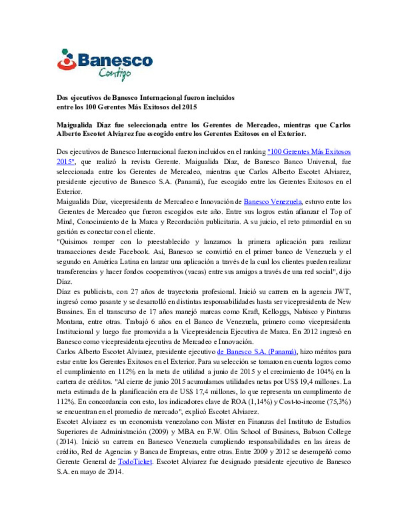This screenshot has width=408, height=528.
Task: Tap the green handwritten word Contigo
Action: pyautogui.click(x=115, y=73)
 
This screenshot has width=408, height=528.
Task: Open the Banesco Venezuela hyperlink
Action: pyautogui.click(x=272, y=202)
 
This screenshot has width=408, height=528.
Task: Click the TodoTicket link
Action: pyautogui.click(x=135, y=462)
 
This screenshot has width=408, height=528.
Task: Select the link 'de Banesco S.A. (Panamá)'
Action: pyautogui.click(x=257, y=352)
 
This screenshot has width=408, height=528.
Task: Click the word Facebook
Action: pyautogui.click(x=134, y=252)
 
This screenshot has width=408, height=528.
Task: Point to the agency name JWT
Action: pyautogui.click(x=343, y=292)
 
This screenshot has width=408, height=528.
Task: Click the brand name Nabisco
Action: pyautogui.click(x=306, y=312)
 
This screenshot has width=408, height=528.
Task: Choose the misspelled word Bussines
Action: pyautogui.click(x=70, y=312)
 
